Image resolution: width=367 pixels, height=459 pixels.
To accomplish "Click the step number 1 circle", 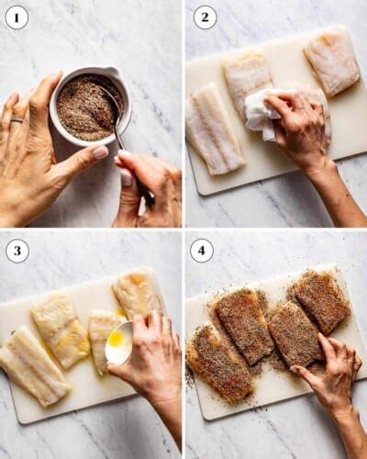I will (17, 17).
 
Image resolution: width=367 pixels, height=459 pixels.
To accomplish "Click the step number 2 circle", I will (205, 17).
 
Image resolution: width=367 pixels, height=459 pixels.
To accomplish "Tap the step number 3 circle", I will (17, 251).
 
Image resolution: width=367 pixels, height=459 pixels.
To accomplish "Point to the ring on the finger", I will (17, 118).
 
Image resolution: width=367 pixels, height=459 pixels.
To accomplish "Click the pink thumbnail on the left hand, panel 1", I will (99, 153).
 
